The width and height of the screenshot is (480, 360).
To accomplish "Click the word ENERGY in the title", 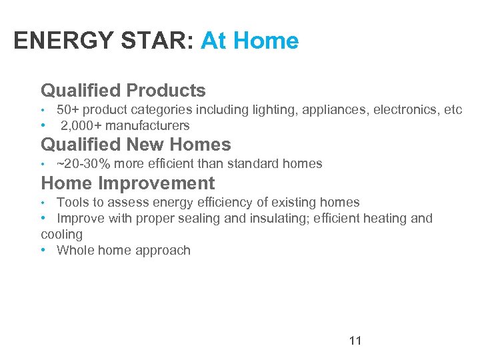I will (x=57, y=41).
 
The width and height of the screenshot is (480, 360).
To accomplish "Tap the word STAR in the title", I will (x=151, y=41).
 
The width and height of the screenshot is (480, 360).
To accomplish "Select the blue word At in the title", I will (x=214, y=41).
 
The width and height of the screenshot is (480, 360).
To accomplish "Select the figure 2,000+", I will (x=81, y=125).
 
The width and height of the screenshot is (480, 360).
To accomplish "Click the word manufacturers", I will (x=147, y=125).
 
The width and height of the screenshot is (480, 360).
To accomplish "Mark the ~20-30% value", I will (x=84, y=163).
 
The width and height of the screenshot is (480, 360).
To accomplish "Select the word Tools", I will (x=72, y=202).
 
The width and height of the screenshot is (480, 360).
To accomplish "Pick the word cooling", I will (x=61, y=235).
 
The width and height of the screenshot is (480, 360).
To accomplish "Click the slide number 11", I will (x=355, y=341).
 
